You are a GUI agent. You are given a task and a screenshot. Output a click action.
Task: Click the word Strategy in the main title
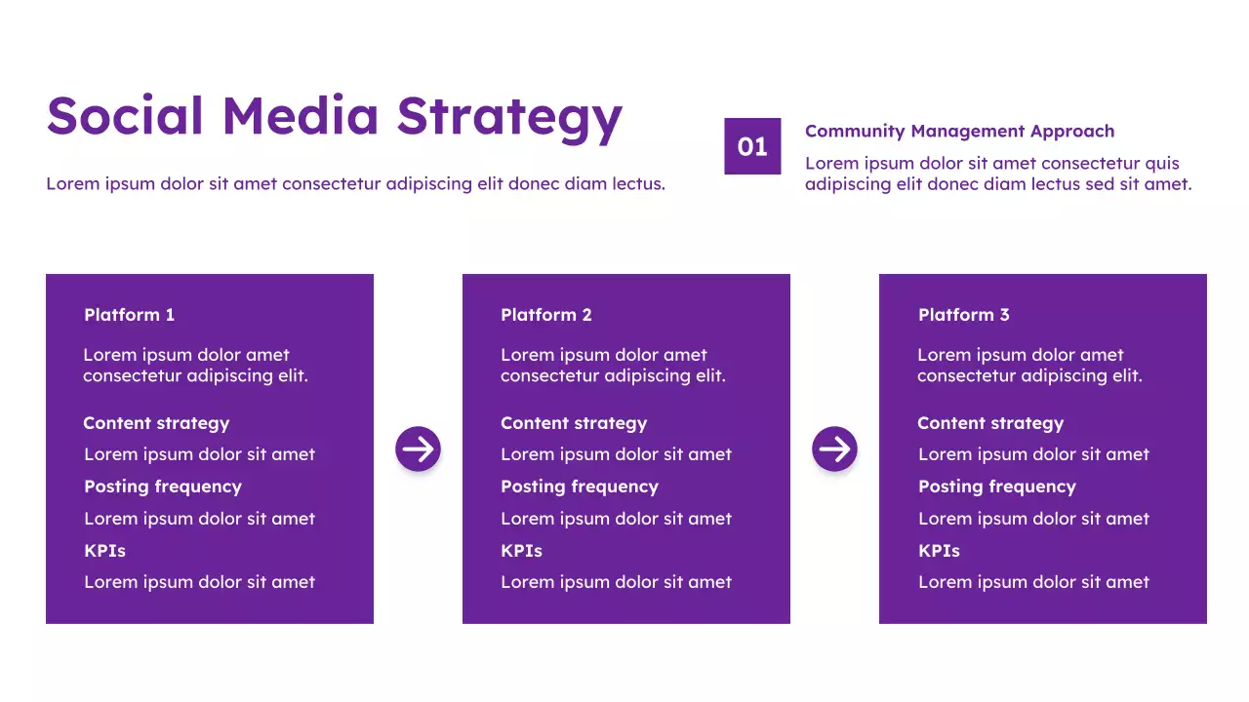pos(508,117)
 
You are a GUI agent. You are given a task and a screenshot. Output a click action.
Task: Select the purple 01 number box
pos(752,146)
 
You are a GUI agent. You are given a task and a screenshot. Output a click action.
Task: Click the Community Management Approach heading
pos(959,131)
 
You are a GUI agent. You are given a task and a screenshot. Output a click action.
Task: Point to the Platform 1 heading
pos(129,315)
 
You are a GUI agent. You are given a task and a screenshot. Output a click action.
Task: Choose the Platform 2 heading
pos(545,315)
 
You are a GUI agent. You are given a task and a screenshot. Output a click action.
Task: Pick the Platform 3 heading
pos(963,315)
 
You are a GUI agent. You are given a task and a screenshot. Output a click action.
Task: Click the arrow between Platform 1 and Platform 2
pos(418,448)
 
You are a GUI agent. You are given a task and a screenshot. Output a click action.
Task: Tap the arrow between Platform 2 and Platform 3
pos(834,448)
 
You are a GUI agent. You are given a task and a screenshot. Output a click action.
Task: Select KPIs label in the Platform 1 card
pos(104,551)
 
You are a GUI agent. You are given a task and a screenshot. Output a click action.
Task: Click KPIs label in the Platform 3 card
pos(939,551)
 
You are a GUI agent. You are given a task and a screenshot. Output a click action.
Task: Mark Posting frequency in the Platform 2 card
pos(579,487)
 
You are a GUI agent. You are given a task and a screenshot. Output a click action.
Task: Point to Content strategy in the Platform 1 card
pos(156,423)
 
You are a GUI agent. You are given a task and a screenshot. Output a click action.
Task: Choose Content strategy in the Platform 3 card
pos(989,423)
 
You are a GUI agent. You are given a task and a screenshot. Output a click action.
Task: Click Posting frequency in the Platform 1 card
pos(162,487)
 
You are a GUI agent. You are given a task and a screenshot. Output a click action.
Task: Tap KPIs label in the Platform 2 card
pos(521,551)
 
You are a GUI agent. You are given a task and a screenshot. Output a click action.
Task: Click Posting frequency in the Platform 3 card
pos(996,487)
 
